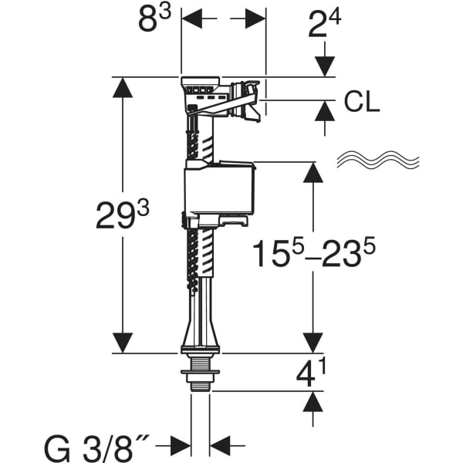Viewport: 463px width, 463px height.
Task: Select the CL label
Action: [361, 103]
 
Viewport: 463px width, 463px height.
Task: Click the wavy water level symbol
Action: [377, 161]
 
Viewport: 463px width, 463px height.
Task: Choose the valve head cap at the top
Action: [202, 83]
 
